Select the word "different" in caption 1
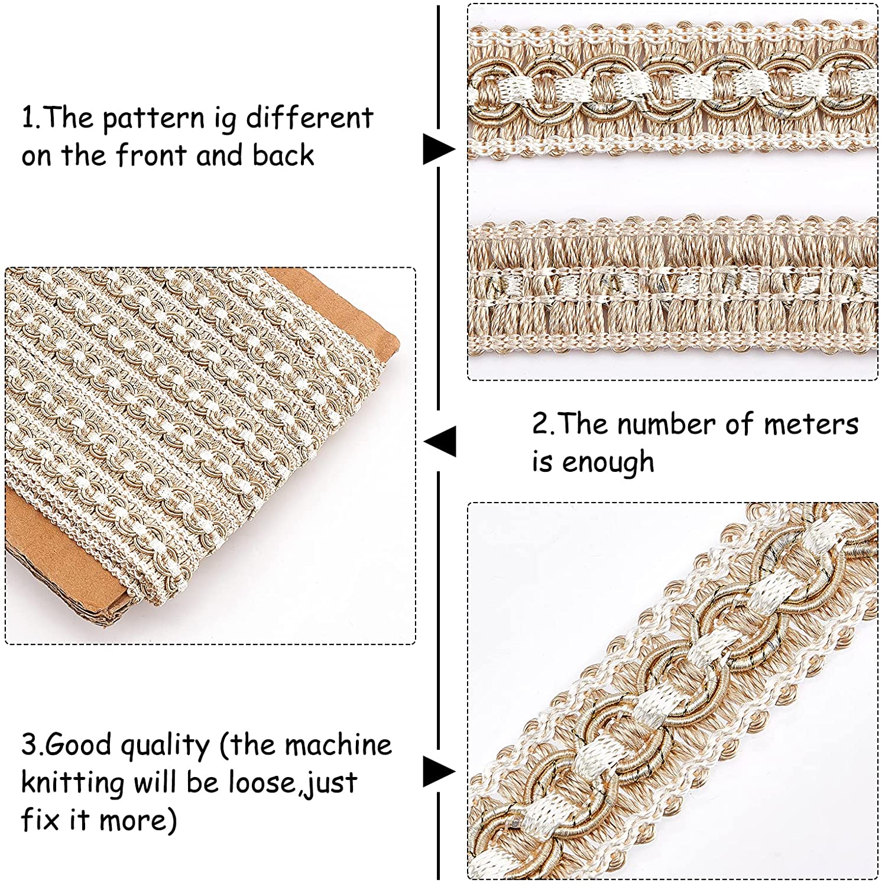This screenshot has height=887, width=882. point(309,118)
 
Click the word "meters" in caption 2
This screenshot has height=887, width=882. point(810,425)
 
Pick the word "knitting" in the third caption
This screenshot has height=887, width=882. point(73,784)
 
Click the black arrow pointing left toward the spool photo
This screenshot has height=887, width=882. point(440,441)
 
